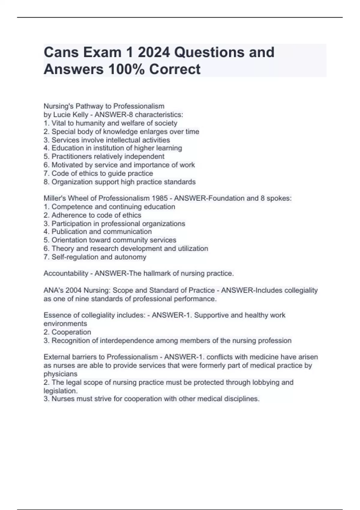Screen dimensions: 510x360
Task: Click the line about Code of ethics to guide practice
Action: coord(98,173)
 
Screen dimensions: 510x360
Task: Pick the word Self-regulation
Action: coord(75,257)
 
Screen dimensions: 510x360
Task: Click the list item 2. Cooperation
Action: coord(67,332)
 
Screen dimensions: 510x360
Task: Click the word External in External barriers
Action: coord(56,357)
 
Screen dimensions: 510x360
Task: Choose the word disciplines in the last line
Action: coord(242,399)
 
